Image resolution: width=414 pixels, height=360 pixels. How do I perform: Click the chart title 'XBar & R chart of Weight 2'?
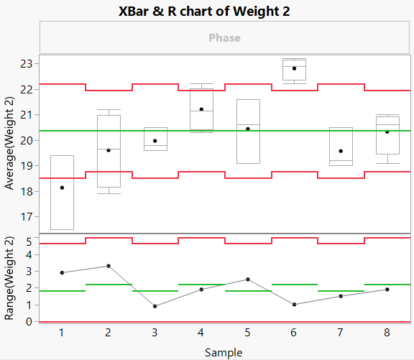(224, 11)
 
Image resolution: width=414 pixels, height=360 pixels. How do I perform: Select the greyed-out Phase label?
(224, 37)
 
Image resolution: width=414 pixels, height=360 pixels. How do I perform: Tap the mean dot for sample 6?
(294, 68)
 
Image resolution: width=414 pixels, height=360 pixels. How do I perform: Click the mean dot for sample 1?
(62, 188)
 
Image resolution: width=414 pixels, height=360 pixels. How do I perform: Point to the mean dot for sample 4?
(201, 109)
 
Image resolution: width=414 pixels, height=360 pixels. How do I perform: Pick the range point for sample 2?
(108, 266)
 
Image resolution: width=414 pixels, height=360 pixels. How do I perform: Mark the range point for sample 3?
(155, 306)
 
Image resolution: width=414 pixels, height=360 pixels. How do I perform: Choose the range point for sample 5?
(248, 279)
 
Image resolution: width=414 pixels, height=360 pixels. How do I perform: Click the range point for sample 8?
(387, 290)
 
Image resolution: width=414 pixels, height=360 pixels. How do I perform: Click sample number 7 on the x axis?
(340, 333)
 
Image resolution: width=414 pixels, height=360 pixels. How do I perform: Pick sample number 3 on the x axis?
(155, 333)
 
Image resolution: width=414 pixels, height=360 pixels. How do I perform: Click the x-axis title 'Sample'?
(224, 352)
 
